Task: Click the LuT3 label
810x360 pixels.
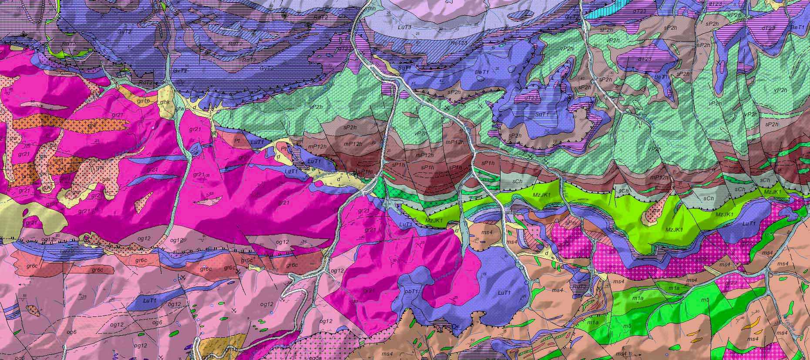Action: pos(405,27)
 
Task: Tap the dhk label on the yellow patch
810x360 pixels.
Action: pos(165,102)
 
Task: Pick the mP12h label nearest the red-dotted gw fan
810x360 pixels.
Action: pos(659,178)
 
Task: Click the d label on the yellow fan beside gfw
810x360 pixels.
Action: pos(194,107)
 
